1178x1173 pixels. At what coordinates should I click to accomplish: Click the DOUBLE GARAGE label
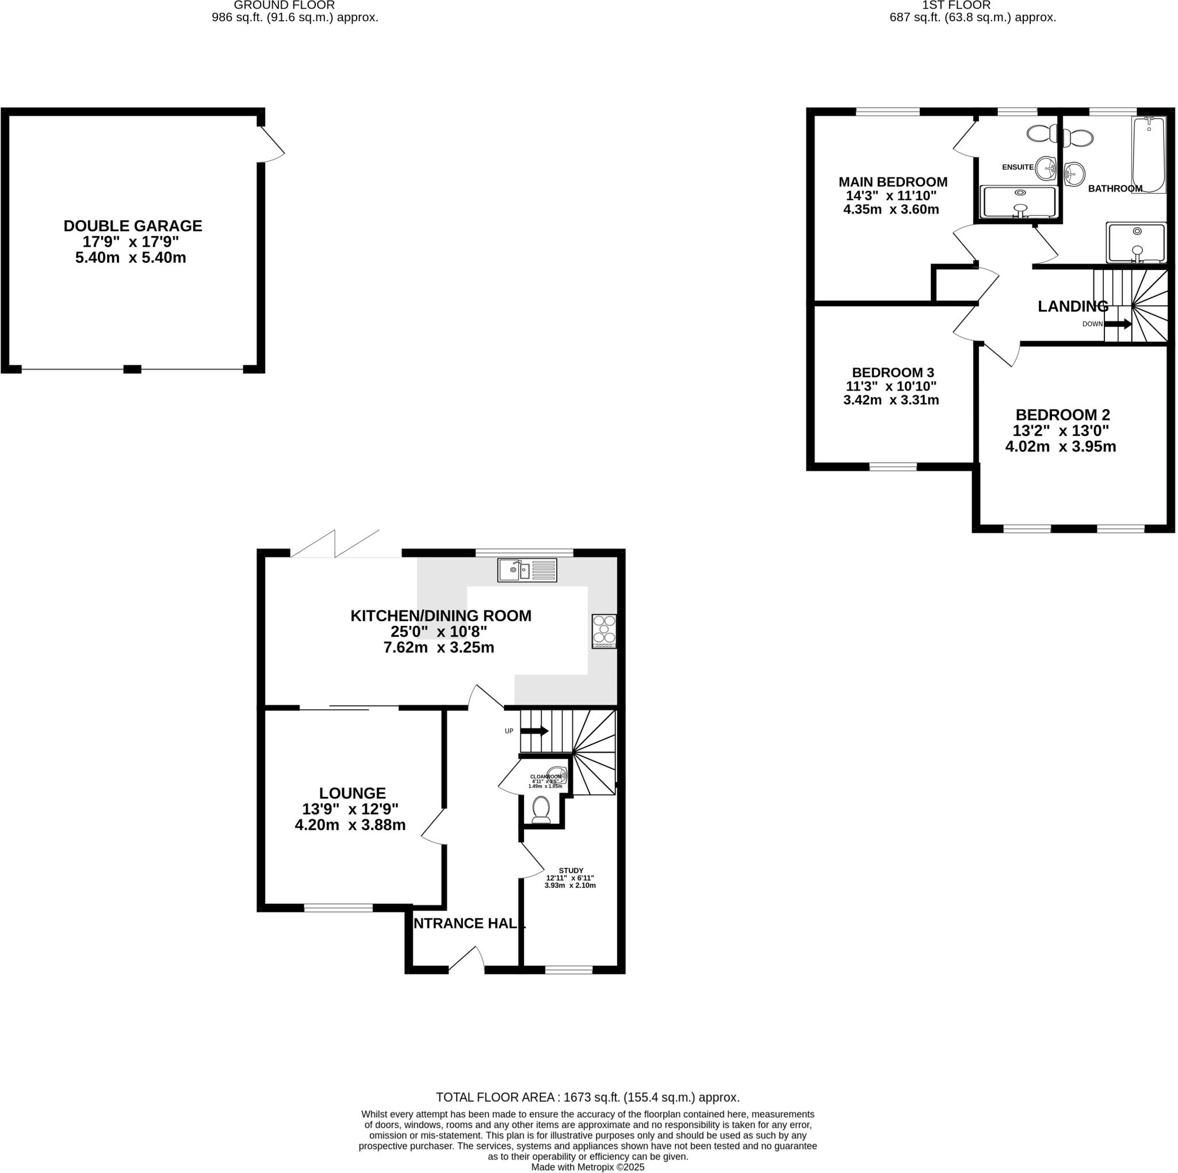pos(133,226)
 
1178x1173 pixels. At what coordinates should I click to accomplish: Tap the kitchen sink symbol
pos(527,570)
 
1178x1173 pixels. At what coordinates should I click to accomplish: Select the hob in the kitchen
pos(603,631)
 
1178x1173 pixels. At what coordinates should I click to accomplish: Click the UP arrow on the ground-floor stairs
pos(534,731)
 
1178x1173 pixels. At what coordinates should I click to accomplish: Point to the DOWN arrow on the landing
pos(1118,324)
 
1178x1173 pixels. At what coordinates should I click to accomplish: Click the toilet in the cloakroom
pos(541,809)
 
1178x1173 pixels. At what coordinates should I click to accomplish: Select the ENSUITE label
pos(1018,167)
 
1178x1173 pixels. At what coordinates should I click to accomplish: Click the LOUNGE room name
pos(353,793)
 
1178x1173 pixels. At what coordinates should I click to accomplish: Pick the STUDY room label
pos(571,870)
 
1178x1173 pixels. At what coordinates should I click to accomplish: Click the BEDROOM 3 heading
pos(893,373)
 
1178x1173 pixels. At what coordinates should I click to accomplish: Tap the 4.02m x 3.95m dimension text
pos(1060,446)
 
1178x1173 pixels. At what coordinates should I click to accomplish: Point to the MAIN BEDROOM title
pos(893,182)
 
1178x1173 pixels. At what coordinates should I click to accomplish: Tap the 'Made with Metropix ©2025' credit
pos(588,1167)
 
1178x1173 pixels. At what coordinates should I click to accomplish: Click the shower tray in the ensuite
pos(1018,202)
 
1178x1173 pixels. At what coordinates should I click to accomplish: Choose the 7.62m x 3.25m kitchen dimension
pos(438,647)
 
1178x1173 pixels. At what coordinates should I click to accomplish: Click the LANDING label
pos(1073,306)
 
